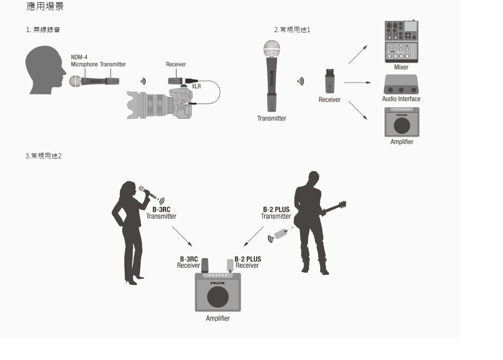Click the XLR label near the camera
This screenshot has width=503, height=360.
pos(197,86)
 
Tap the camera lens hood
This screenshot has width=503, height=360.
pos(135,105)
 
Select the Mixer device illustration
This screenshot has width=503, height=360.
pos(401,41)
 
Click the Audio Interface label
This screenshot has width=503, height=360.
pos(401,99)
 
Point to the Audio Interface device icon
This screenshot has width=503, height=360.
pos(401,85)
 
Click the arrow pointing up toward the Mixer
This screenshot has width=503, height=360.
pos(357,54)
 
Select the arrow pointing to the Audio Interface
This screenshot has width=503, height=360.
pos(357,83)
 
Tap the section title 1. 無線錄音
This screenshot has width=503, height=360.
pos(43,30)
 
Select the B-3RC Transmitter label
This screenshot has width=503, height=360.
pos(161,213)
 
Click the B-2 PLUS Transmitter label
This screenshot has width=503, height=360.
pos(276,213)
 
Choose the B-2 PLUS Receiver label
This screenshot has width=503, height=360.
pos(247,262)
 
